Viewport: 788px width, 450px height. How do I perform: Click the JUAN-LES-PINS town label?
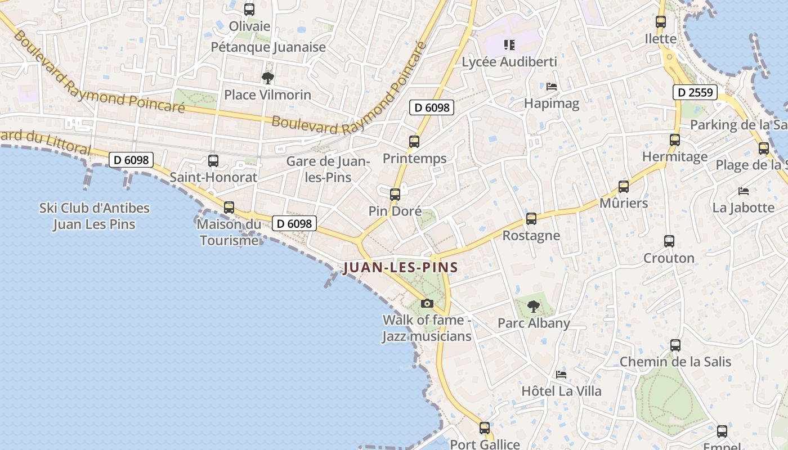point(400,267)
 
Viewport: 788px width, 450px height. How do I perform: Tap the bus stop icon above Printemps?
point(414,142)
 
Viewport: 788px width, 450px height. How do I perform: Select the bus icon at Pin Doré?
point(395,195)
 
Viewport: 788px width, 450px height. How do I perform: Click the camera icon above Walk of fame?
point(427,304)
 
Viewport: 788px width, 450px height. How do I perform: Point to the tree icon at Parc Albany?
point(534,307)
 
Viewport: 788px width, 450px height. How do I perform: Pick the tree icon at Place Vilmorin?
point(267,78)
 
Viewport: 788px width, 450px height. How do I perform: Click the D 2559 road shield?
point(695,92)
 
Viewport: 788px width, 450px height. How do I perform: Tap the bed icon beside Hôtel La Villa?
point(561,375)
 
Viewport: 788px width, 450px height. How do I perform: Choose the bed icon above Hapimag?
point(552,87)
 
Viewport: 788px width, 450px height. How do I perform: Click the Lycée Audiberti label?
point(509,62)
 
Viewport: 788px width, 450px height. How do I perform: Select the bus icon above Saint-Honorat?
point(213,161)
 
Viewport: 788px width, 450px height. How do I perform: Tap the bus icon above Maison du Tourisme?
point(229,208)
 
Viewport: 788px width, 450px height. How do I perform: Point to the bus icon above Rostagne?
point(531,219)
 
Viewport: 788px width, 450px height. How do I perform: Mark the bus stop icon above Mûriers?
point(624,187)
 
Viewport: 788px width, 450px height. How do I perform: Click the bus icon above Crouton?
point(669,241)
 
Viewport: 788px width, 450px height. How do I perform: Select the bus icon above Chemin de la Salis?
point(675,345)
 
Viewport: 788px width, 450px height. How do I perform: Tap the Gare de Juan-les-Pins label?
point(328,169)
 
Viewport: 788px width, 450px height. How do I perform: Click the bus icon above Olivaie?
point(249,10)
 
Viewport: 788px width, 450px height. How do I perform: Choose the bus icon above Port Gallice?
point(485,428)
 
